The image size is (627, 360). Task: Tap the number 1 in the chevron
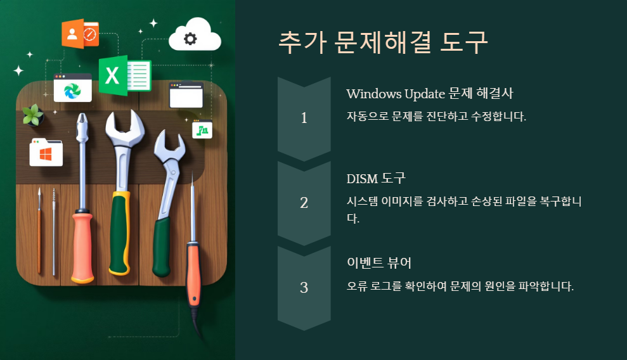304,118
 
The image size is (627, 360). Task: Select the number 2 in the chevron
304,203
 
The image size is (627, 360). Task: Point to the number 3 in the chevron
304,287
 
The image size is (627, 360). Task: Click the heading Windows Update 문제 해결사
429,94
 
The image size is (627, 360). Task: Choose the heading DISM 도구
375,179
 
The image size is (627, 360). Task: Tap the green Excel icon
125,75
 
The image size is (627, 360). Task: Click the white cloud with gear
195,37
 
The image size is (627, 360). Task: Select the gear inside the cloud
190,39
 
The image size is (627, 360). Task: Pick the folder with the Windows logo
46,153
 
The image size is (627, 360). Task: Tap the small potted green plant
32,115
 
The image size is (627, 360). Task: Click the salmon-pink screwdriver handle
82,247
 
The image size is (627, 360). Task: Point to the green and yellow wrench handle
118,231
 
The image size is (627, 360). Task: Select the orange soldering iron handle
193,273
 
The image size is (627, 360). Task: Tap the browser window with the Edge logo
72,88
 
